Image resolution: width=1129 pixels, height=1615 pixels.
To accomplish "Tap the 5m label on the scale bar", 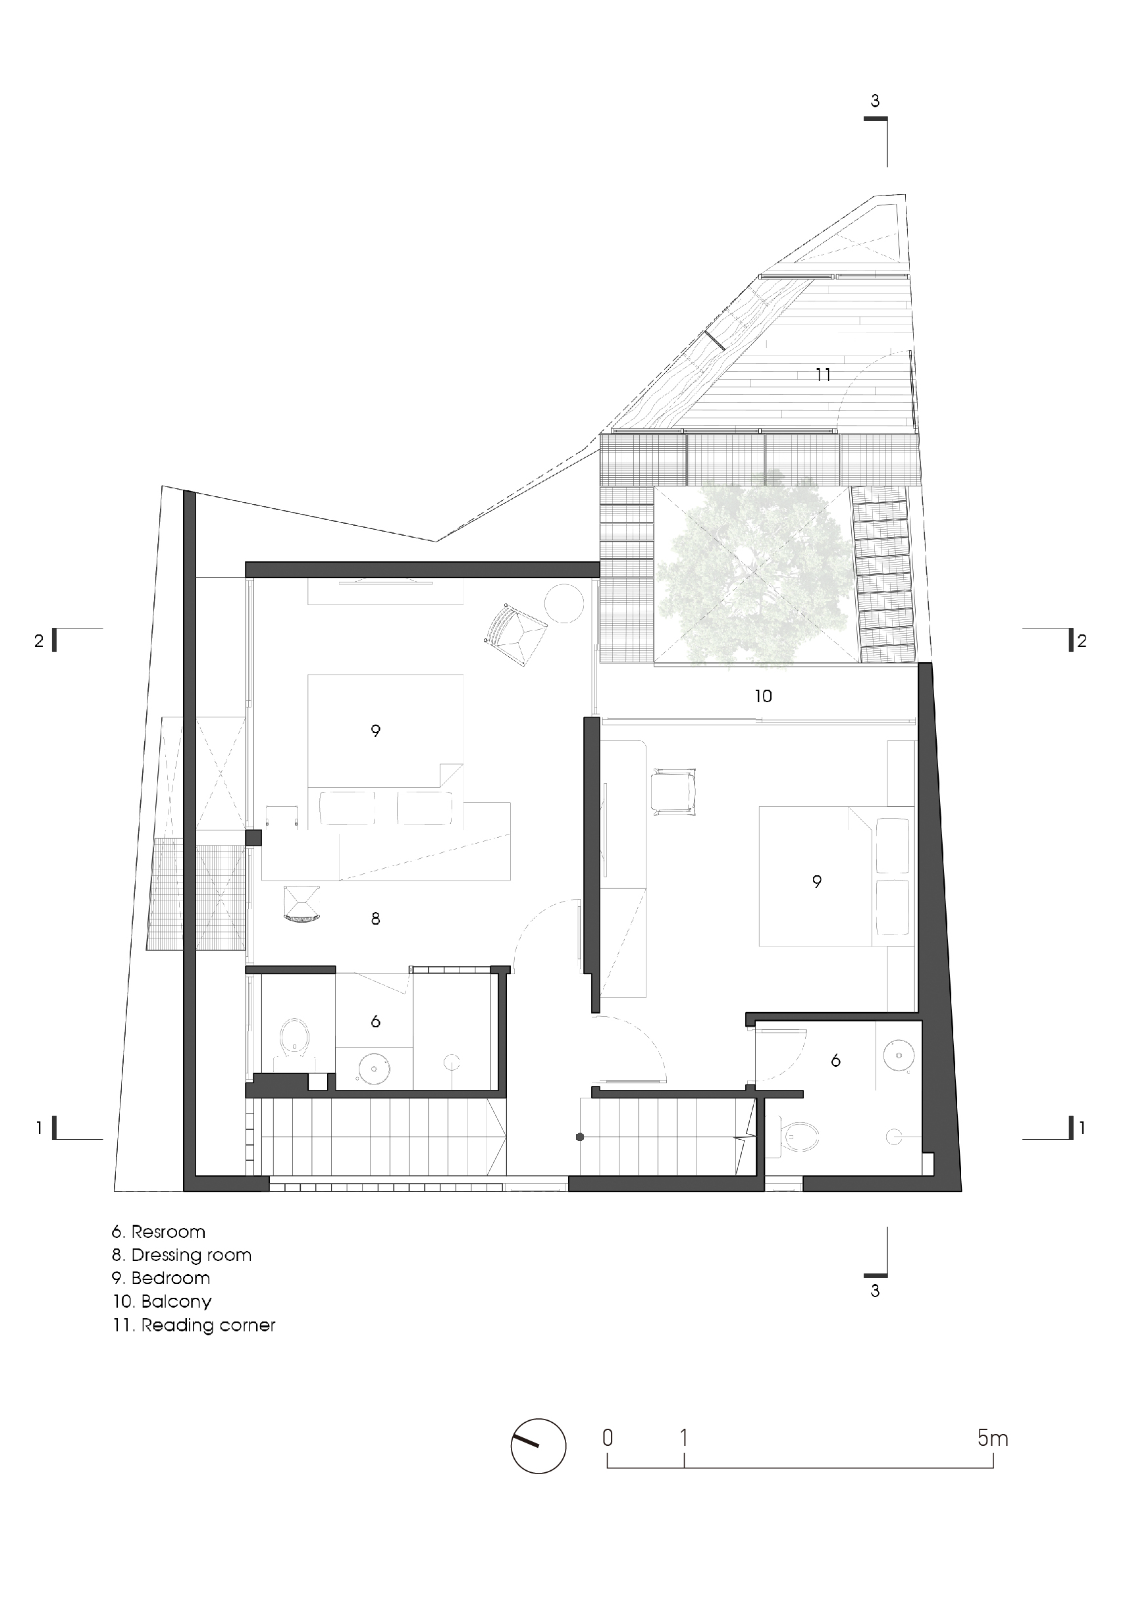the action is pos(993,1439).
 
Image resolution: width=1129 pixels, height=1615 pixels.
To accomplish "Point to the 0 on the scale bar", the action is pos(608,1439).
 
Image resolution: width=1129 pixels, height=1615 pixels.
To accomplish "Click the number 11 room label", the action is pos(823,374).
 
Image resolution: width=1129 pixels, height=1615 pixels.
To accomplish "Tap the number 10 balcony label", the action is pos(763,696).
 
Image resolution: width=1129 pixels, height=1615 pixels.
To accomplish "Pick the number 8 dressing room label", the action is pos(376,918).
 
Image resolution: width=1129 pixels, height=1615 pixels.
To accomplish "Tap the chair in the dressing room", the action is pos(301,903).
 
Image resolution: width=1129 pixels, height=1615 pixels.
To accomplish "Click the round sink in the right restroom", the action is pos(897,1056).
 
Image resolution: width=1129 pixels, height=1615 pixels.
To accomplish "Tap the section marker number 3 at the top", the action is pos(875,101).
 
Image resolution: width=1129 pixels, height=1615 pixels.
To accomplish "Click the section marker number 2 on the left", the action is pos(39,641).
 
